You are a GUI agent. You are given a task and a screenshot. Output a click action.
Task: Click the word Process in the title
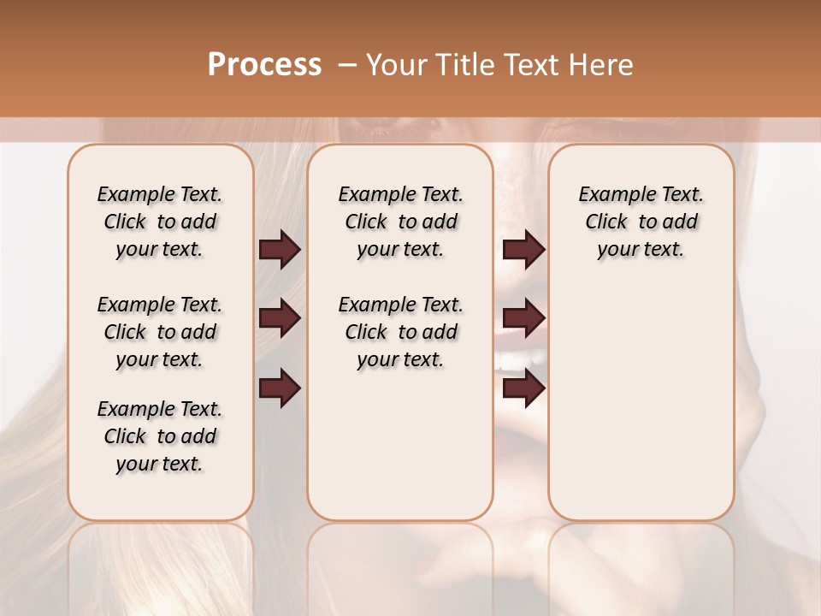pos(264,65)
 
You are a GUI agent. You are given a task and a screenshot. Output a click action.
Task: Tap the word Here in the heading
pos(602,65)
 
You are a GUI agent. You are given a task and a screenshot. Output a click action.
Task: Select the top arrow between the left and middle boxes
pos(280,250)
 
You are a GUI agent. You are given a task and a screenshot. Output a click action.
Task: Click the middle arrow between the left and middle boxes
pos(280,319)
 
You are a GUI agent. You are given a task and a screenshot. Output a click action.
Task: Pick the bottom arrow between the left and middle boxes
pos(280,388)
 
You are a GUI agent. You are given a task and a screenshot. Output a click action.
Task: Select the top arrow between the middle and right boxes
pos(523,250)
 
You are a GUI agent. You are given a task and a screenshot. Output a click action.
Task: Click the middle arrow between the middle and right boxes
pos(523,319)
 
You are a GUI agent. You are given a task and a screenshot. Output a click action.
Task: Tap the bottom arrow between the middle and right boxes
pos(523,388)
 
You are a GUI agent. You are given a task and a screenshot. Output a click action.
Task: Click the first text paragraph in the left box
pos(160,222)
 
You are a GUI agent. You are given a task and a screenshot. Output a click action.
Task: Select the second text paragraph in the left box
pos(160,332)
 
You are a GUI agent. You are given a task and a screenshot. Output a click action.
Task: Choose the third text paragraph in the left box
pos(160,436)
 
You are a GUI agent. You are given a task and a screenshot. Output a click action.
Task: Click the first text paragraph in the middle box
pos(400,222)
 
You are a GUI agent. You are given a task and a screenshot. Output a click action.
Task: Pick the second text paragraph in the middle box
pos(400,332)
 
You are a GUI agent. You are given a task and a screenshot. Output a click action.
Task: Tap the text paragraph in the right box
pos(641,222)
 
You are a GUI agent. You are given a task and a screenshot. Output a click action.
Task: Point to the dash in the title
pos(347,65)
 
